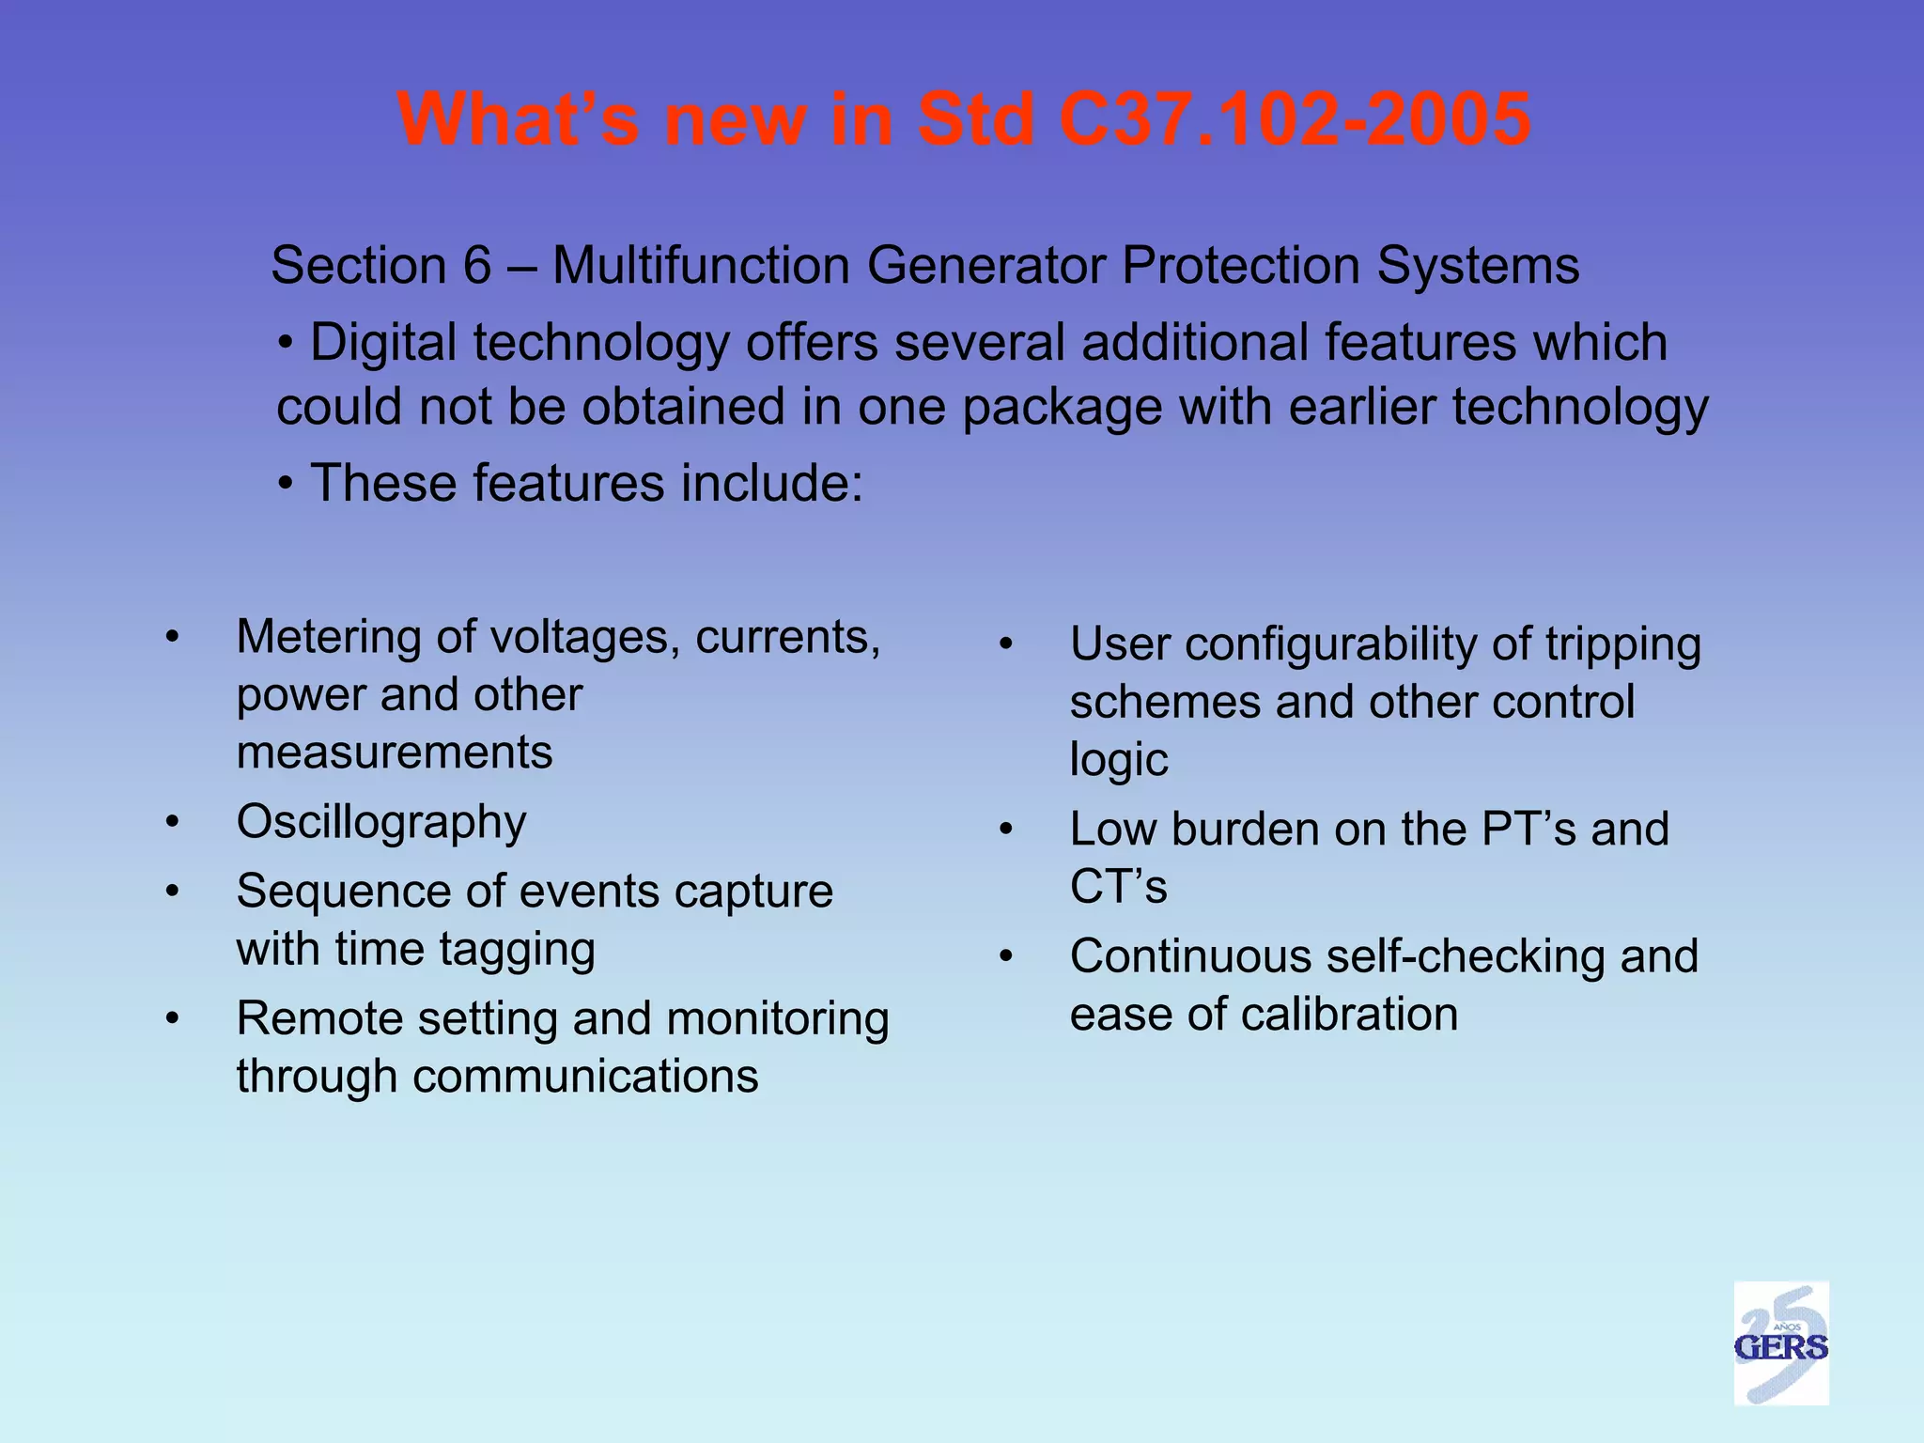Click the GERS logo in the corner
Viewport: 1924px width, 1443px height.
coord(1780,1342)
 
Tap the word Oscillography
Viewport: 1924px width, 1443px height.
coord(381,823)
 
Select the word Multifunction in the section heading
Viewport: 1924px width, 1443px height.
coord(701,266)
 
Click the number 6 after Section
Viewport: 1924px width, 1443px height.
coord(477,266)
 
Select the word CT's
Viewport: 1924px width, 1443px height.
coord(1118,887)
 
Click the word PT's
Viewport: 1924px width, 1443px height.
coord(1528,830)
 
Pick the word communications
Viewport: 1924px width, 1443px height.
coord(585,1077)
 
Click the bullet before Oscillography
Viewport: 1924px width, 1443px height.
coord(172,823)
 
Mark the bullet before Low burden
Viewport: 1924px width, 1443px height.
coord(1005,830)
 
